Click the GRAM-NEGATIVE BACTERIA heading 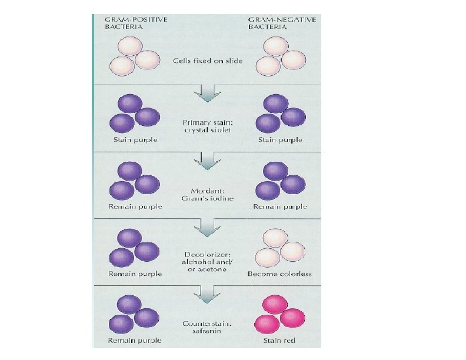(x=281, y=23)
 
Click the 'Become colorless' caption (x=279, y=274)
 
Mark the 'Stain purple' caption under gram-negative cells (x=281, y=140)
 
